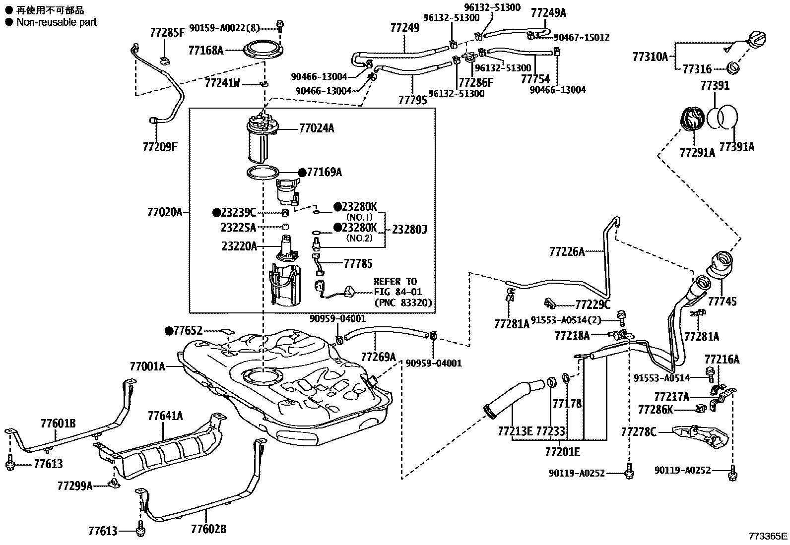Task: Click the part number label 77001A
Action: (147, 366)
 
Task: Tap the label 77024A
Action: (317, 129)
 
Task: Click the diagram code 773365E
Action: (768, 536)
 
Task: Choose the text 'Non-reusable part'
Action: (56, 22)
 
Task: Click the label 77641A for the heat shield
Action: (165, 416)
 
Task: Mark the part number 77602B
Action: (208, 530)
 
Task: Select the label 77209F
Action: (160, 147)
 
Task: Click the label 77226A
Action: (567, 252)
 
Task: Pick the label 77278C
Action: (638, 432)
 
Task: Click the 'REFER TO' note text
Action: (395, 281)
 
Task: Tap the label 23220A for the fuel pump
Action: (239, 245)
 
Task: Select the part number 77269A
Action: (378, 357)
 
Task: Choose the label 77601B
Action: (58, 423)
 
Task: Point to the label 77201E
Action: (562, 452)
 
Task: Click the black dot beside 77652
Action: (169, 330)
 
